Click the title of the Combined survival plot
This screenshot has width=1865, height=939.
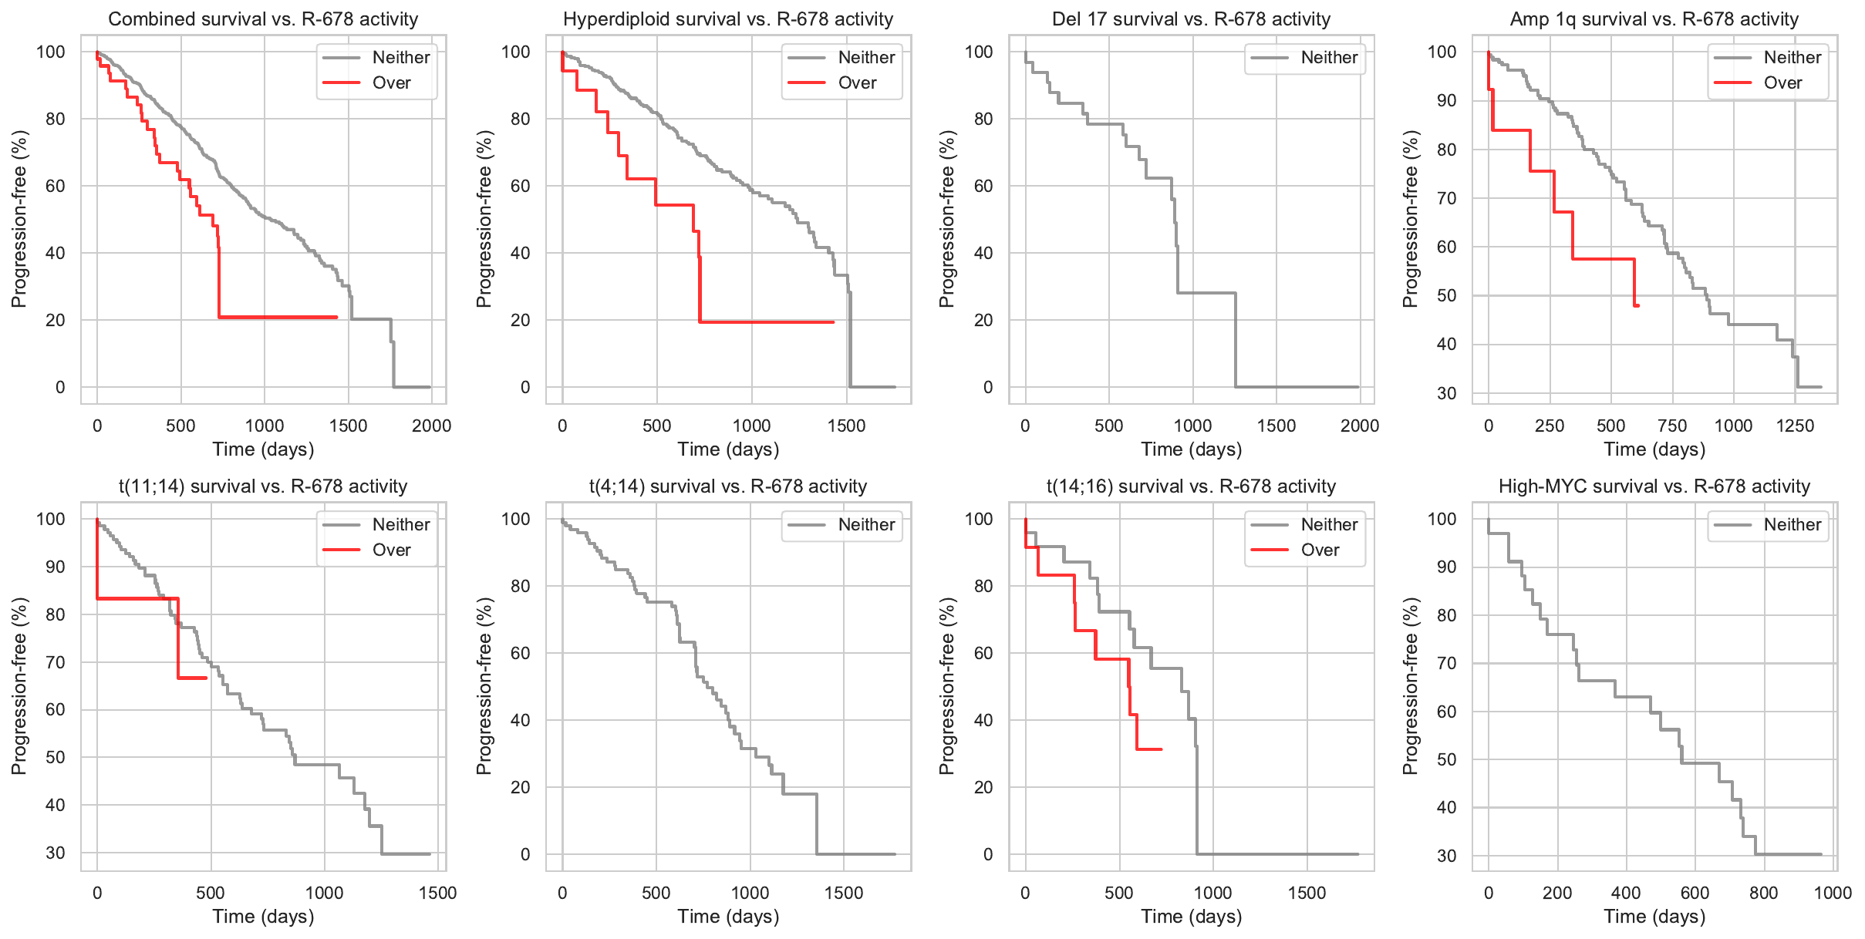tap(263, 19)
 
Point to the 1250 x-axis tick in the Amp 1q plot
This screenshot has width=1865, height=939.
tap(1795, 426)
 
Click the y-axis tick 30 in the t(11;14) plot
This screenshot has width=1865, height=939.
tap(56, 853)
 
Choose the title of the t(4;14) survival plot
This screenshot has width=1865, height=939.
tap(728, 486)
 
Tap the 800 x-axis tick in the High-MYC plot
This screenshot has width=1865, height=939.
tap(1763, 893)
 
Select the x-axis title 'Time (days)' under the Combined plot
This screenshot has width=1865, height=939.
tap(263, 449)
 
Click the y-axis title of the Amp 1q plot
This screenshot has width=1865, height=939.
tap(1411, 219)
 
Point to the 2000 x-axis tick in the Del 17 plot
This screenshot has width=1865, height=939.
tap(1359, 426)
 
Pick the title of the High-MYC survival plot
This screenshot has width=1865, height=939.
tap(1654, 486)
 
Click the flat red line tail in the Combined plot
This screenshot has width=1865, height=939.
tap(278, 317)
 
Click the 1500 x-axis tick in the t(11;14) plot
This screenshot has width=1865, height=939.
tap(437, 893)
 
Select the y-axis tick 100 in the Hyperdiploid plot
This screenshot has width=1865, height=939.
tap(515, 52)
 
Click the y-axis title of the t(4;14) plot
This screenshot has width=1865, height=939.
tap(484, 686)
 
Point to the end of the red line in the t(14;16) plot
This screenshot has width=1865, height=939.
tap(1160, 749)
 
